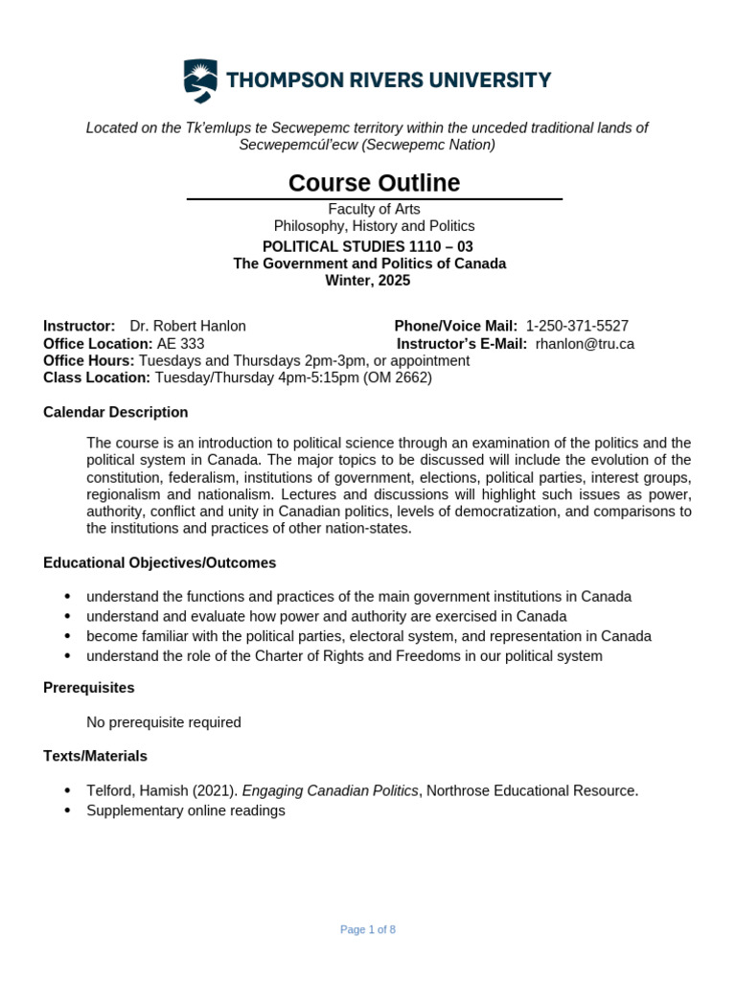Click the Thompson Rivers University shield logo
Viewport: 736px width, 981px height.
pyautogui.click(x=199, y=80)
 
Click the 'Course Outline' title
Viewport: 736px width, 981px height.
pyautogui.click(x=374, y=183)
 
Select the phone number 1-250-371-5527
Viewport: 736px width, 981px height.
pyautogui.click(x=577, y=327)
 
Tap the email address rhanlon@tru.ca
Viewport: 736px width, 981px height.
pyautogui.click(x=585, y=344)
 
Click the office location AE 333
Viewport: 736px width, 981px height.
pyautogui.click(x=180, y=344)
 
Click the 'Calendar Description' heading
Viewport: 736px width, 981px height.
pyautogui.click(x=116, y=413)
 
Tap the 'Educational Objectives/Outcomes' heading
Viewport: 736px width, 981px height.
pyautogui.click(x=160, y=563)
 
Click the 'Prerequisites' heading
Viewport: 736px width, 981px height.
pyautogui.click(x=89, y=688)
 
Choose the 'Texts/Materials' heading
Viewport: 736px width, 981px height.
pyautogui.click(x=96, y=757)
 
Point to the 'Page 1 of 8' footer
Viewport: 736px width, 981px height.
pyautogui.click(x=368, y=930)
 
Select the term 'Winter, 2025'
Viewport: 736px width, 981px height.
pyautogui.click(x=368, y=281)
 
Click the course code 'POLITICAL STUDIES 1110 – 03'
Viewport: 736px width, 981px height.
pyautogui.click(x=368, y=246)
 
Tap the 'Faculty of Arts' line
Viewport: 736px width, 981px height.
pyautogui.click(x=374, y=209)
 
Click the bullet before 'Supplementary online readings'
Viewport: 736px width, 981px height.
pyautogui.click(x=67, y=811)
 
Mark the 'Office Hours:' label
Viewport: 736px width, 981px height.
pyautogui.click(x=89, y=361)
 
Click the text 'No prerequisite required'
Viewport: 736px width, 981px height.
pyautogui.click(x=164, y=722)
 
